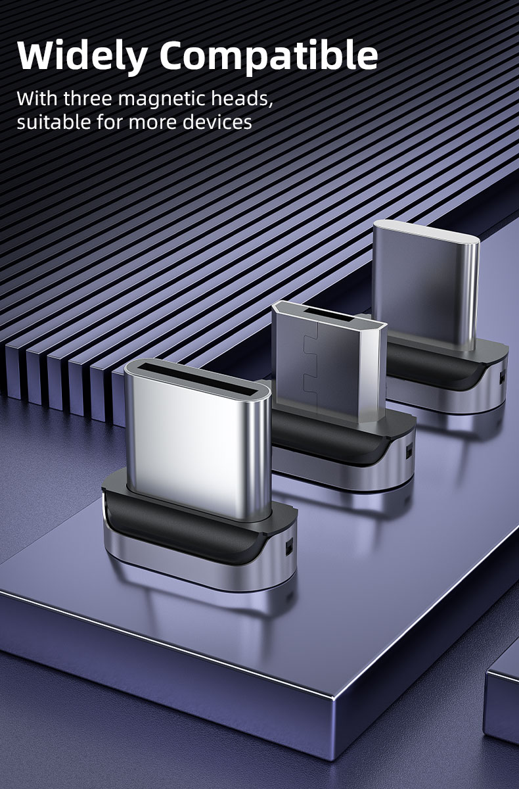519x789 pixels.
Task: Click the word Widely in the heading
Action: point(82,57)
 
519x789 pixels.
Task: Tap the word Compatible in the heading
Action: point(269,57)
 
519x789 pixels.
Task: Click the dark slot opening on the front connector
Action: point(198,381)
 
